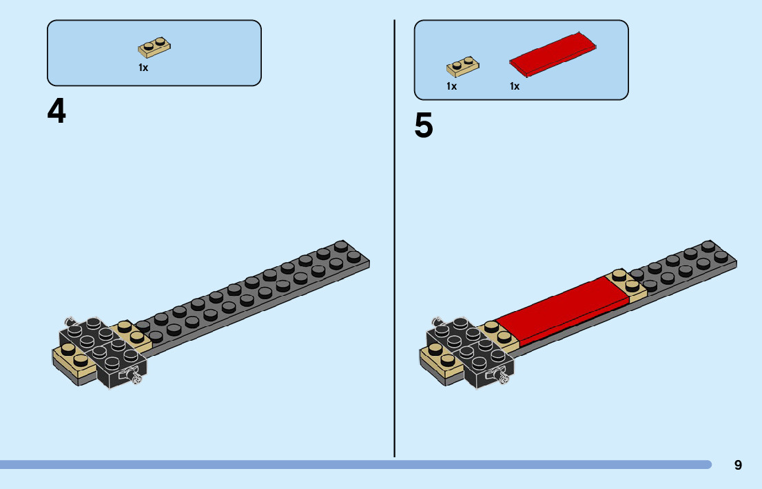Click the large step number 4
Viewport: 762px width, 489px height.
[56, 112]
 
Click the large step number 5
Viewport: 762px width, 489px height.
[424, 126]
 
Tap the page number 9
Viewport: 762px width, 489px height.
[738, 465]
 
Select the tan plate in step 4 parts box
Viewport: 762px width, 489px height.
[155, 48]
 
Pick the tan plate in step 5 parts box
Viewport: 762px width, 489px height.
[463, 66]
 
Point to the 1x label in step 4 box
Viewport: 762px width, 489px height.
[143, 68]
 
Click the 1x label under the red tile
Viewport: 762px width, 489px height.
[515, 86]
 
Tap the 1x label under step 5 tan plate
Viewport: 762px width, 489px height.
[451, 86]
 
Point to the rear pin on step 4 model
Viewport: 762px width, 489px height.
[69, 321]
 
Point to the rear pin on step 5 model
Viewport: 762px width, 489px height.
[436, 321]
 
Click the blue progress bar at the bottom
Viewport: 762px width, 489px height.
[344, 465]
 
